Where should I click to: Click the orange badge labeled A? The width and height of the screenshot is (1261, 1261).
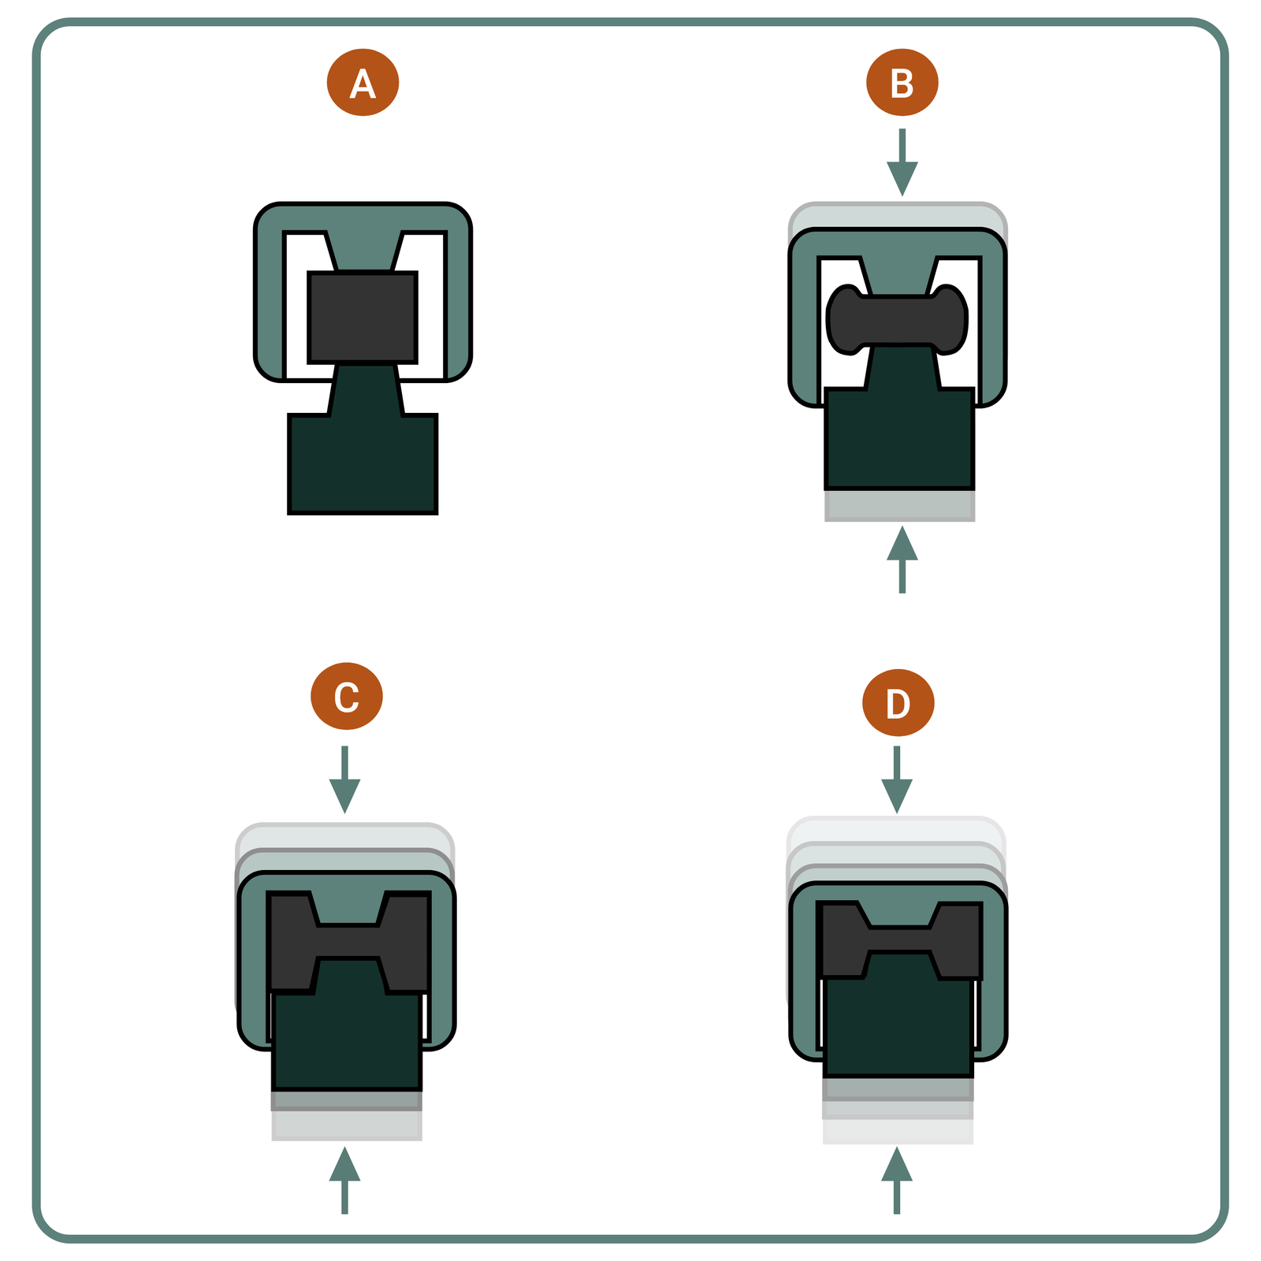click(363, 83)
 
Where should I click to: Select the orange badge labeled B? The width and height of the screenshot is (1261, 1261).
click(902, 83)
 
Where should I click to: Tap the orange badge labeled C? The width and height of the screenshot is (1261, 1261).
click(347, 696)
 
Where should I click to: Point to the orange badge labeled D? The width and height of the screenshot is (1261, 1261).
click(898, 702)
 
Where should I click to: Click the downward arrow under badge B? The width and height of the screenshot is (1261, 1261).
click(902, 162)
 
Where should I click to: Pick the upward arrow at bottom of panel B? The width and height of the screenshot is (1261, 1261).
click(902, 560)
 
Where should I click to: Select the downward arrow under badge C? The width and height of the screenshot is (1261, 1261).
click(344, 779)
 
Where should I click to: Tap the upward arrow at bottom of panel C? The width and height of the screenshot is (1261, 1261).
click(344, 1181)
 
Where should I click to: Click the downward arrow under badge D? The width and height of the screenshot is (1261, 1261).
click(896, 779)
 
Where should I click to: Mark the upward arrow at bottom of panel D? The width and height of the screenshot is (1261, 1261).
click(896, 1181)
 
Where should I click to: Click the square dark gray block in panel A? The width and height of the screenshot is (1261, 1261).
click(363, 317)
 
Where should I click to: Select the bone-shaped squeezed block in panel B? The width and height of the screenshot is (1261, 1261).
click(897, 319)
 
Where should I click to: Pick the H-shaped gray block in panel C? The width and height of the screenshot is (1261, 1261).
click(349, 942)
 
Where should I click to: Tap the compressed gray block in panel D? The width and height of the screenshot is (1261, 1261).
click(899, 939)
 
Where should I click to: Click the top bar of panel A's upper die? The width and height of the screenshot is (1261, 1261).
click(363, 218)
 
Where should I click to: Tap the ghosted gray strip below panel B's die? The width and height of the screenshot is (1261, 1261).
click(899, 505)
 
